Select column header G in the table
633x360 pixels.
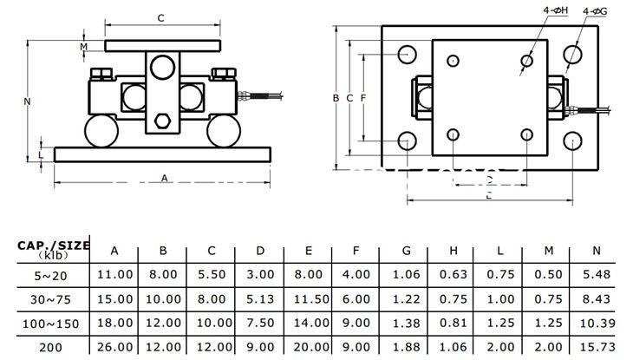[407, 251]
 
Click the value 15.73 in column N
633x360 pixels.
[596, 347]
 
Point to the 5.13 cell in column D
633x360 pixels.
[260, 298]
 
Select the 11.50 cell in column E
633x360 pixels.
[309, 298]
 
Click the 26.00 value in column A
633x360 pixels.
[115, 347]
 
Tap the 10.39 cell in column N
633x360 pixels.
[596, 323]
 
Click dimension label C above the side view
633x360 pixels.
[161, 18]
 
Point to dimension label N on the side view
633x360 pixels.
[28, 101]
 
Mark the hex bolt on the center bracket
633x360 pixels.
[162, 121]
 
